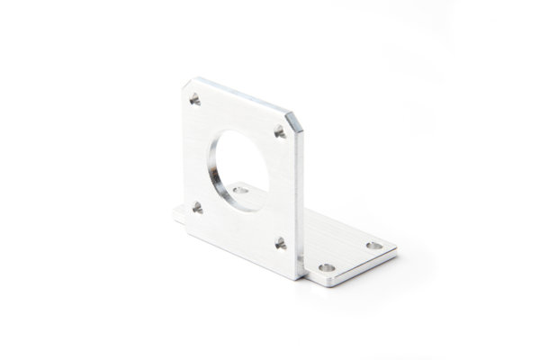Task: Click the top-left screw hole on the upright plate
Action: (x=194, y=99)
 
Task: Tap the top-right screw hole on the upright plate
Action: (x=279, y=131)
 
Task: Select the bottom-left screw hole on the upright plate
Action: (x=197, y=208)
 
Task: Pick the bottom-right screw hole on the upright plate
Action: (x=281, y=242)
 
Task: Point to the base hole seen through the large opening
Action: (x=240, y=190)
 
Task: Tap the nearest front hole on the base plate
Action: (x=327, y=267)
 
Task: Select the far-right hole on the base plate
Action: (x=373, y=245)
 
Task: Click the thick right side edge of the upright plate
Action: (x=300, y=198)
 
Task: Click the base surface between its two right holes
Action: (x=351, y=256)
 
